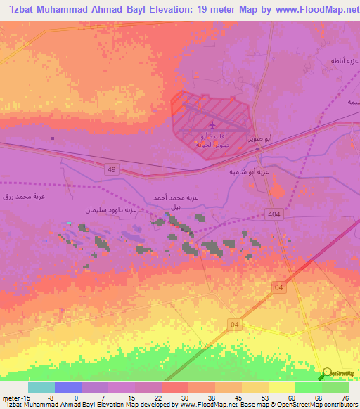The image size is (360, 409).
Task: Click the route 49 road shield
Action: pos(111,169)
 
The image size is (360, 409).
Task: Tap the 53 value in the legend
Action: pos(264,397)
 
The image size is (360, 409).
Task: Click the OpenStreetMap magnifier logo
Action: pos(327,374)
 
